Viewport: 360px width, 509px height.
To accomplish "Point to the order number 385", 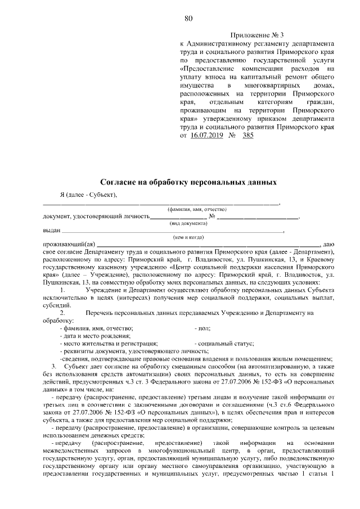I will point(245,136).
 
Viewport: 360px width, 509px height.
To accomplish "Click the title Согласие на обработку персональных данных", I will point(188,183).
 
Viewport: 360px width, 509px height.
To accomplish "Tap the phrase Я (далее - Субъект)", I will point(88,195).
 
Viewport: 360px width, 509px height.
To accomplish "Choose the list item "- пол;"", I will point(202,327).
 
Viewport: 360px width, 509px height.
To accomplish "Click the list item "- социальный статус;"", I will point(224,343).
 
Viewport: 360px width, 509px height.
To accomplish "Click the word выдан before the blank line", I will point(51,231).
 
